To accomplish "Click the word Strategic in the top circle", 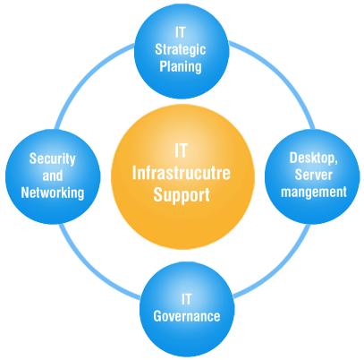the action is (x=181, y=49).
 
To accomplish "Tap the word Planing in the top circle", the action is (x=181, y=66).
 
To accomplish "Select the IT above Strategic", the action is (x=181, y=32).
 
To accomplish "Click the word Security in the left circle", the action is (x=52, y=159).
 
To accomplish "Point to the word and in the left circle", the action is (x=53, y=176).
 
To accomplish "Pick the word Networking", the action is (x=53, y=193).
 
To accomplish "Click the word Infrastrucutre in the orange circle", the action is (x=182, y=173).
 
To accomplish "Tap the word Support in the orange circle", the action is (x=182, y=195).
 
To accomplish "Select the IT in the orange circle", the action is (x=181, y=150).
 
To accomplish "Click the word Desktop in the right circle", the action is (x=313, y=158).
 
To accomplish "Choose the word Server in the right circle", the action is (x=313, y=175).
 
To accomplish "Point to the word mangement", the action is (x=314, y=192).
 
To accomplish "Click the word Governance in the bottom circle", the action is (x=187, y=316).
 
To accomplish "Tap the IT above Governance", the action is (x=187, y=299).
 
